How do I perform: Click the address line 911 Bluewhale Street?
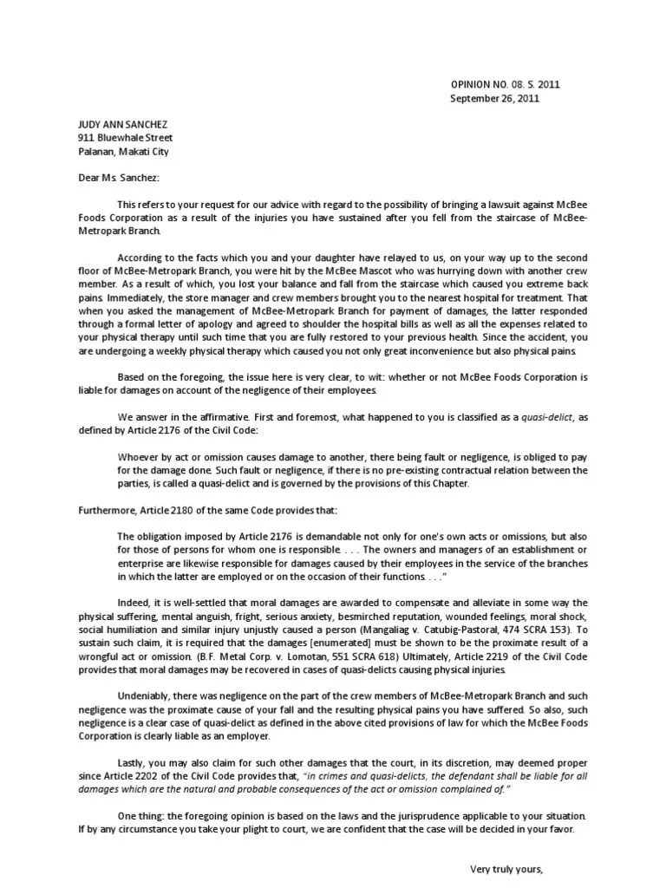(125, 138)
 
